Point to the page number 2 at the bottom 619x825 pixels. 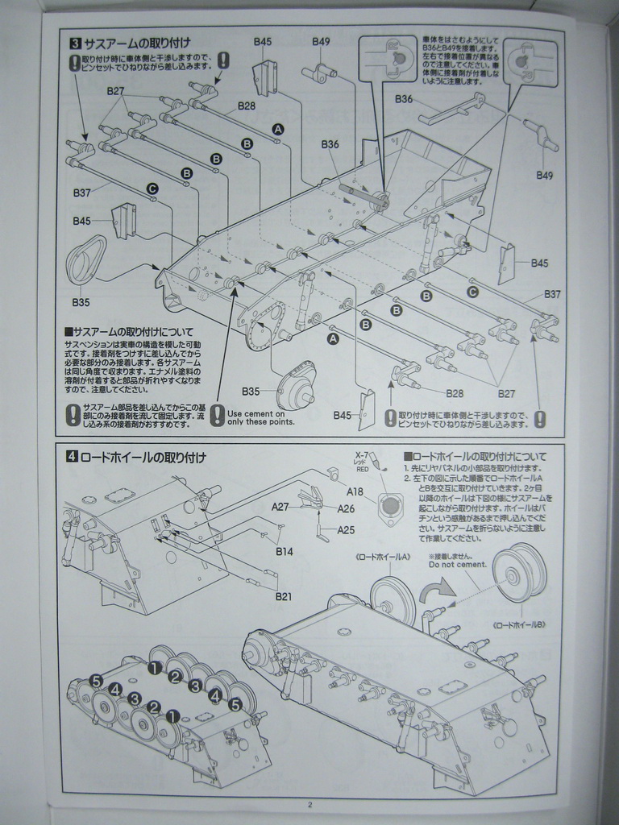pyautogui.click(x=309, y=804)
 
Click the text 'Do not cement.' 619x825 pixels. pyautogui.click(x=456, y=564)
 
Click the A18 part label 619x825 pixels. pyautogui.click(x=355, y=491)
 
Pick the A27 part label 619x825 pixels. pyautogui.click(x=280, y=507)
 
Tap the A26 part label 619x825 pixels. pyautogui.click(x=346, y=508)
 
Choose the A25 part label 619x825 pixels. pyautogui.click(x=346, y=529)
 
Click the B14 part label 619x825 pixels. pyautogui.click(x=284, y=552)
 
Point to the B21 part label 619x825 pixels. pyautogui.click(x=283, y=596)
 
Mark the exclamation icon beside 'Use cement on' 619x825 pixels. pyautogui.click(x=218, y=416)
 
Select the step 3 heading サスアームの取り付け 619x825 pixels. pyautogui.click(x=136, y=44)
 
